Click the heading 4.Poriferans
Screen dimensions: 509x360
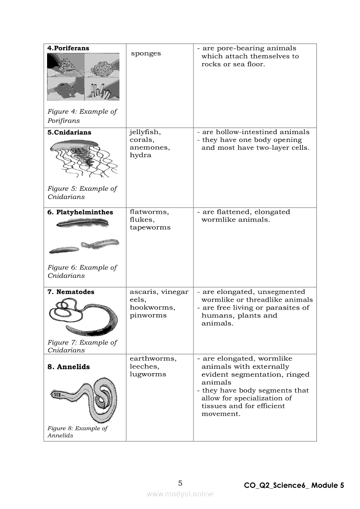tap(68, 48)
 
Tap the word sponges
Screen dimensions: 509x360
tap(146, 54)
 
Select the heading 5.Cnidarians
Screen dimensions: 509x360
tap(69, 132)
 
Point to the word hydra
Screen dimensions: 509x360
tap(140, 155)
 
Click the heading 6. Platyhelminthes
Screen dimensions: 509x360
tap(80, 212)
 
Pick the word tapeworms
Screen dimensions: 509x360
tap(150, 228)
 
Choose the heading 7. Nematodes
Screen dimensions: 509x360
tap(71, 292)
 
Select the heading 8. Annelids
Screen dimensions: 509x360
tap(68, 367)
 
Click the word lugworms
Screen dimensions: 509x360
tap(148, 374)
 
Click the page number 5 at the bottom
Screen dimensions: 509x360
tap(180, 483)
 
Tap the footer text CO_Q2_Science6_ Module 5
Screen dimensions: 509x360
tap(294, 485)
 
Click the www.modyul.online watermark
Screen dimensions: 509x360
tap(180, 494)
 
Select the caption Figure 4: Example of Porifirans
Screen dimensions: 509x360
tap(82, 116)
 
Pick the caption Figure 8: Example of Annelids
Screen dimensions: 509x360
tap(77, 432)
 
